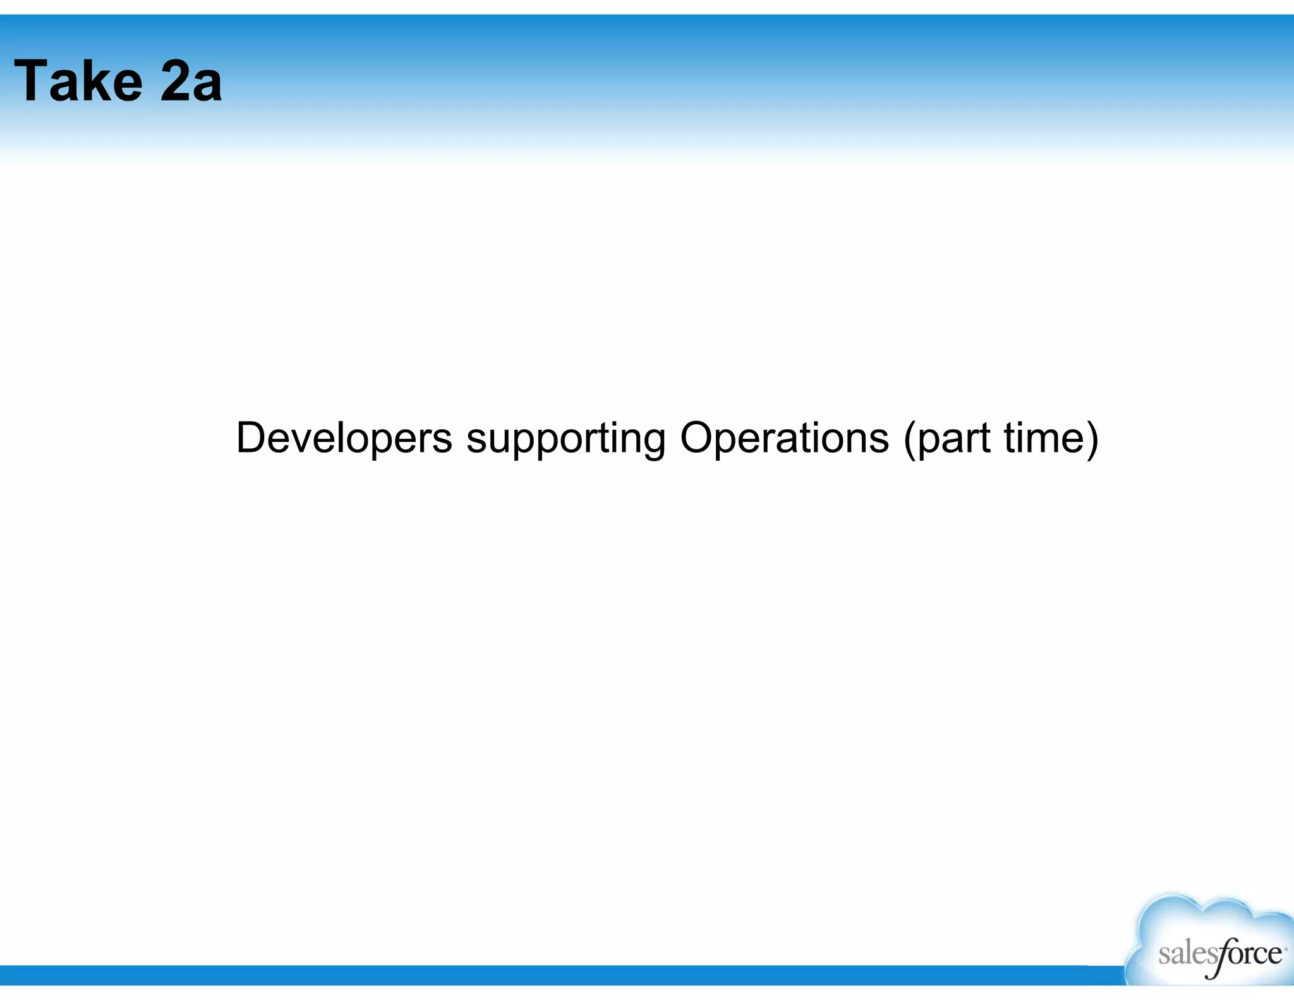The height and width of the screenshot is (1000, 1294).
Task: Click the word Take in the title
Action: point(78,81)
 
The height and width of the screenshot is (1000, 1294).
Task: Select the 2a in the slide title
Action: point(191,81)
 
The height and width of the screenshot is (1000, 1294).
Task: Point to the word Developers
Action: point(344,437)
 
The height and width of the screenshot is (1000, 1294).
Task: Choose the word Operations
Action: point(784,437)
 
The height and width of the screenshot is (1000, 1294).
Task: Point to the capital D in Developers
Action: point(250,437)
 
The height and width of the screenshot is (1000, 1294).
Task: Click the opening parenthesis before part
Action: point(910,439)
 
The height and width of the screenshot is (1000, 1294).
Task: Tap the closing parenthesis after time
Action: point(1092,439)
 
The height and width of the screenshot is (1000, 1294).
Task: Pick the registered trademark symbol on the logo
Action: point(1285,948)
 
